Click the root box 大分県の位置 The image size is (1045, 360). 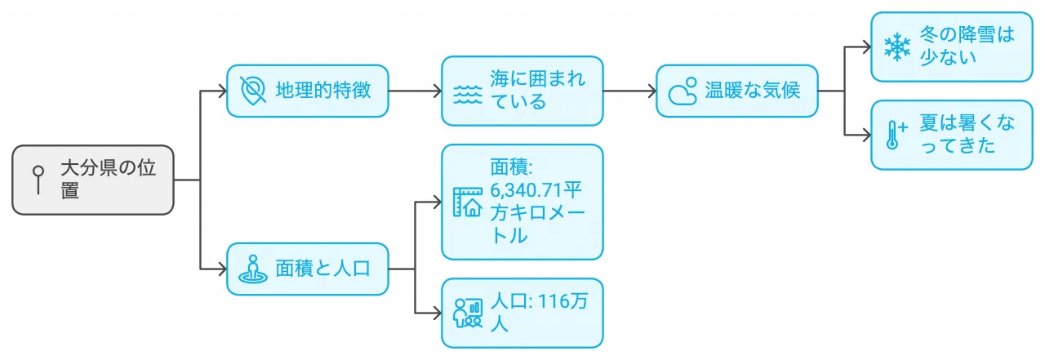pos(92,180)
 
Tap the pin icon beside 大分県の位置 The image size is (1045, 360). pos(38,180)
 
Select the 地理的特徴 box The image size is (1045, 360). pos(308,91)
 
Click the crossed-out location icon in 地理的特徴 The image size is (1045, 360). pos(253,91)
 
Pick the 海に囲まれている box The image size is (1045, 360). pos(522,91)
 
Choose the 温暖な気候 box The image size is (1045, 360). pos(736,91)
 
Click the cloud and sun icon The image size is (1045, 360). pos(683,91)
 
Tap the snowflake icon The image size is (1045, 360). pos(897,47)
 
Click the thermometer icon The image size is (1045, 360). pos(896,135)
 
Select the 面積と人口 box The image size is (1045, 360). pos(308,269)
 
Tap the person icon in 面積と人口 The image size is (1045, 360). pos(253,269)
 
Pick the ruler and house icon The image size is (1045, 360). pos(468,202)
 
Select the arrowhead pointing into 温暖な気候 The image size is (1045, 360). pos(652,91)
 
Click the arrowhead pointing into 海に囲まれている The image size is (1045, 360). pos(438,91)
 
